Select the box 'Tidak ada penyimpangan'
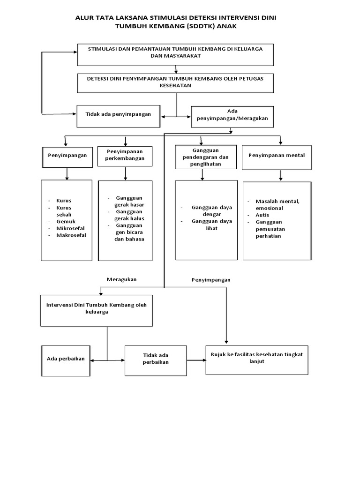pyautogui.click(x=118, y=115)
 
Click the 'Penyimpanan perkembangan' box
pyautogui.click(x=125, y=156)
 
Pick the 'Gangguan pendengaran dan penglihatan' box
pyautogui.click(x=202, y=156)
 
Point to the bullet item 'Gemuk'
pyautogui.click(x=66, y=221)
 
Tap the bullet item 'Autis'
pyautogui.click(x=262, y=215)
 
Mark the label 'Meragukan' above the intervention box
pyautogui.click(x=121, y=279)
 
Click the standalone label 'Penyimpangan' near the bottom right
pyautogui.click(x=211, y=279)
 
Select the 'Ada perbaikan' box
pyautogui.click(x=66, y=360)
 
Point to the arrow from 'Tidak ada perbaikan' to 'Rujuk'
pyautogui.click(x=197, y=360)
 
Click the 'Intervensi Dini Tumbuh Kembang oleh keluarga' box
pyautogui.click(x=97, y=310)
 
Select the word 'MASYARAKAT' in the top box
pyautogui.click(x=175, y=55)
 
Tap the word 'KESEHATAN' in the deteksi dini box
pyautogui.click(x=175, y=86)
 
